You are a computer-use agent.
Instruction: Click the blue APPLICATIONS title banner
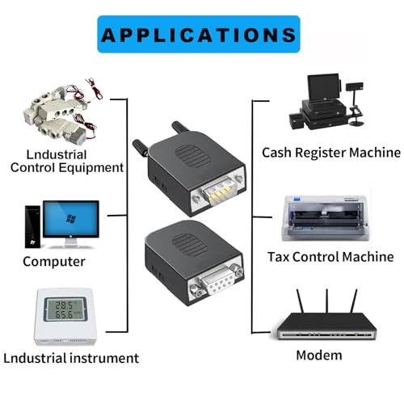click(x=199, y=34)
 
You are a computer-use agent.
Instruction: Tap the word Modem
click(x=319, y=355)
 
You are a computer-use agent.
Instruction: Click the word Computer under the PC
click(x=54, y=262)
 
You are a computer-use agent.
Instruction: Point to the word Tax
click(x=279, y=257)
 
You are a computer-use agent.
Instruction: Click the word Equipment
click(x=91, y=168)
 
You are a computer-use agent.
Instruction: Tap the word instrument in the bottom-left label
click(x=104, y=358)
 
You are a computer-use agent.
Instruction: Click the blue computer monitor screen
click(x=71, y=219)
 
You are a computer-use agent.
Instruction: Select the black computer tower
click(x=32, y=227)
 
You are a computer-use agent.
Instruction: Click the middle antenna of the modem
click(x=327, y=301)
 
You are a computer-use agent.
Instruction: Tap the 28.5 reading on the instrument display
click(x=64, y=305)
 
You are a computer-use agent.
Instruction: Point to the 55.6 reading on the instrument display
click(x=64, y=314)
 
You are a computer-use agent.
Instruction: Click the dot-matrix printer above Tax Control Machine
click(x=324, y=218)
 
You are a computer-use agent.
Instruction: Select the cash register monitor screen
click(x=323, y=86)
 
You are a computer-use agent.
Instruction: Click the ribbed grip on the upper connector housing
click(x=192, y=155)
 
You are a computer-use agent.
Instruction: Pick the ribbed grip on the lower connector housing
click(x=190, y=245)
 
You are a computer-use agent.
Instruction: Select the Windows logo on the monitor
click(x=71, y=218)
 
